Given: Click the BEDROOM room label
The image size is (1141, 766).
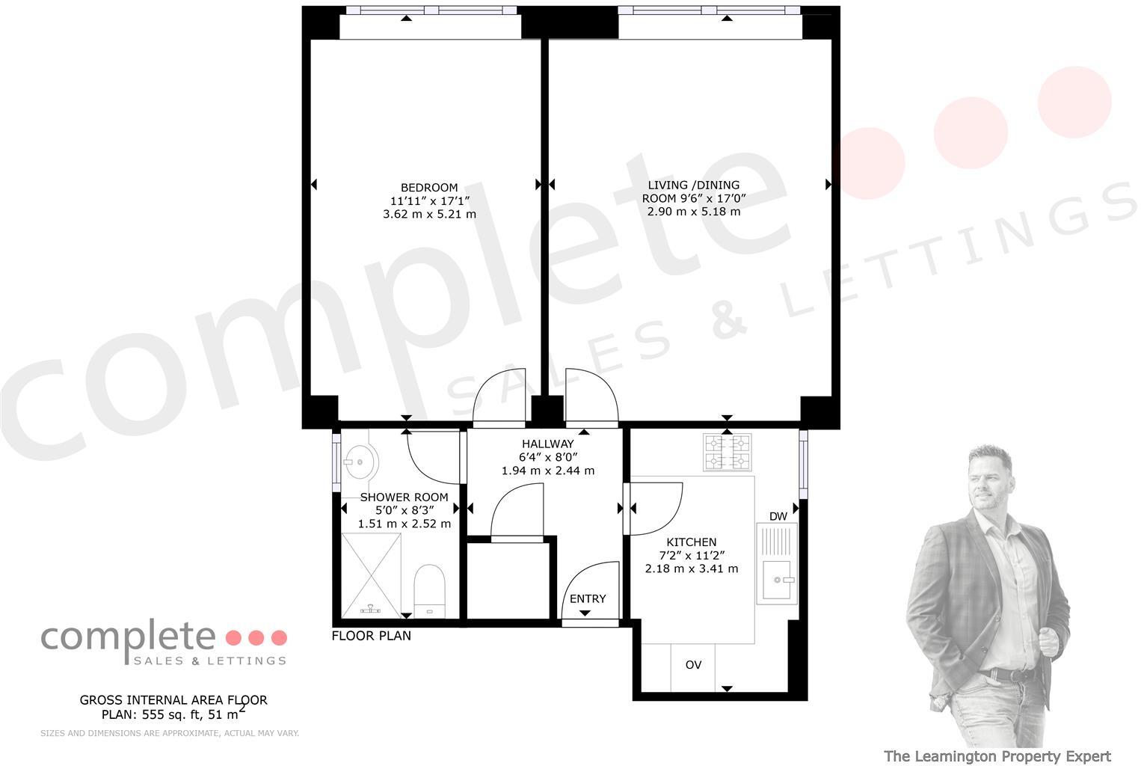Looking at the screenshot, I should click(x=429, y=188).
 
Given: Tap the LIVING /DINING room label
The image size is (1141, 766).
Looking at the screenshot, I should click(x=693, y=186).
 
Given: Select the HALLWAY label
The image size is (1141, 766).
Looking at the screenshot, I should click(x=547, y=444).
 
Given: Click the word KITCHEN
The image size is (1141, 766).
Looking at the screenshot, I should click(x=691, y=542).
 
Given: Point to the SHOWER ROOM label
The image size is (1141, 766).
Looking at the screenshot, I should click(x=404, y=497).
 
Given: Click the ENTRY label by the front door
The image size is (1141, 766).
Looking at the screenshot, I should click(x=588, y=598).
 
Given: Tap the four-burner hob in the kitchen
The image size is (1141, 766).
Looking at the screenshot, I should click(x=727, y=453).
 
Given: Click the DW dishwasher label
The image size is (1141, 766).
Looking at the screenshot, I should click(x=778, y=516).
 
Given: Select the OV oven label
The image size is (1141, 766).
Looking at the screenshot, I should click(x=693, y=664).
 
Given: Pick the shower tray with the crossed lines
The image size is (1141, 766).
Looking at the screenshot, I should click(x=371, y=574).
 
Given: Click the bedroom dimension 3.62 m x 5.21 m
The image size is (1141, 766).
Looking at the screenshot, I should click(x=429, y=214).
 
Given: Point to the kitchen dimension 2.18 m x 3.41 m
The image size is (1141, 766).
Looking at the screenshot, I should click(x=691, y=569).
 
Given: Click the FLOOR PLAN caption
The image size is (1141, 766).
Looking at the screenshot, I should click(x=371, y=636).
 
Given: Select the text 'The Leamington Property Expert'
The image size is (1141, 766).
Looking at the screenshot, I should click(x=997, y=756).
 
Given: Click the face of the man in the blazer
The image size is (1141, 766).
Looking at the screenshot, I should click(x=988, y=474).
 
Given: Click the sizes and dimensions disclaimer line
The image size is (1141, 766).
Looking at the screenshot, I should click(x=170, y=733).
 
